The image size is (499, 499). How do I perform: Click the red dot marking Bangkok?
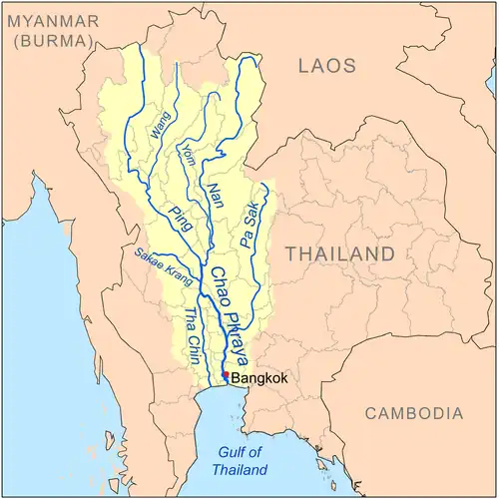[226, 375]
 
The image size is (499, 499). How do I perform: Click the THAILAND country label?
[340, 253]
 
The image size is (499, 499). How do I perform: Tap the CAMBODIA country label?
[413, 412]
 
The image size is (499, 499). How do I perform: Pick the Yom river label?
[189, 156]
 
